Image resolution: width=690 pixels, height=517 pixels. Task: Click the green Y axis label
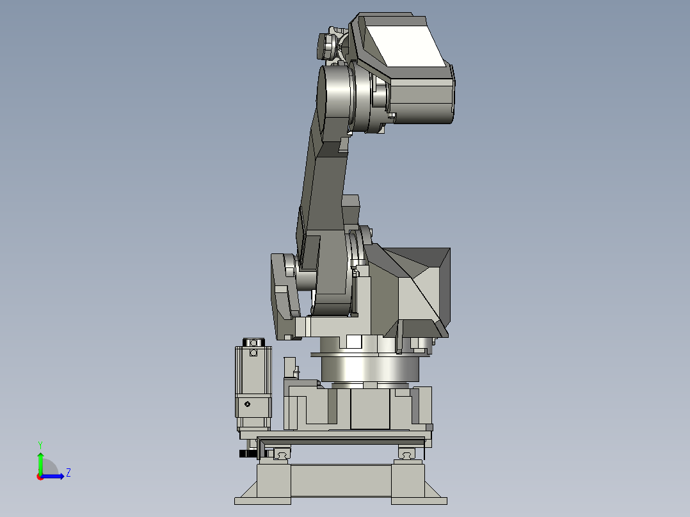point(40,445)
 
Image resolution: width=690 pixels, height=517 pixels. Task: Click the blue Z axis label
point(68,473)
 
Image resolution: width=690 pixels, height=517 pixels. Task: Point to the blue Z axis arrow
point(52,476)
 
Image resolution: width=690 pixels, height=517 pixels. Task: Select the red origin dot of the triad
point(40,477)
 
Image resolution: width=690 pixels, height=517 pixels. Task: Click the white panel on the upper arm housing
point(405,46)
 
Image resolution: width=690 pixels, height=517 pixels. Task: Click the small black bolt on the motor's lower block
point(247,404)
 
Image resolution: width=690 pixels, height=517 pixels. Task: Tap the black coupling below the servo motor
point(248,454)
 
